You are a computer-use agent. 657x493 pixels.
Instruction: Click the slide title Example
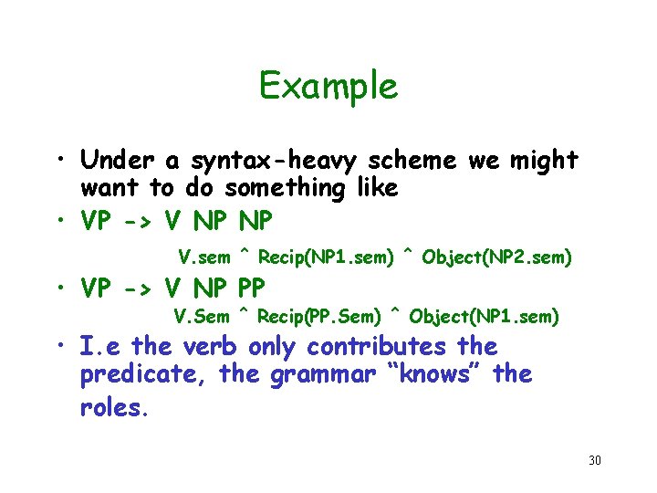click(328, 86)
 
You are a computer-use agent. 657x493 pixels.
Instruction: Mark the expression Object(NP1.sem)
click(485, 317)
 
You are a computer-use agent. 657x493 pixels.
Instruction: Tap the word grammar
click(311, 375)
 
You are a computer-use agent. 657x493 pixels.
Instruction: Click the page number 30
click(594, 460)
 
